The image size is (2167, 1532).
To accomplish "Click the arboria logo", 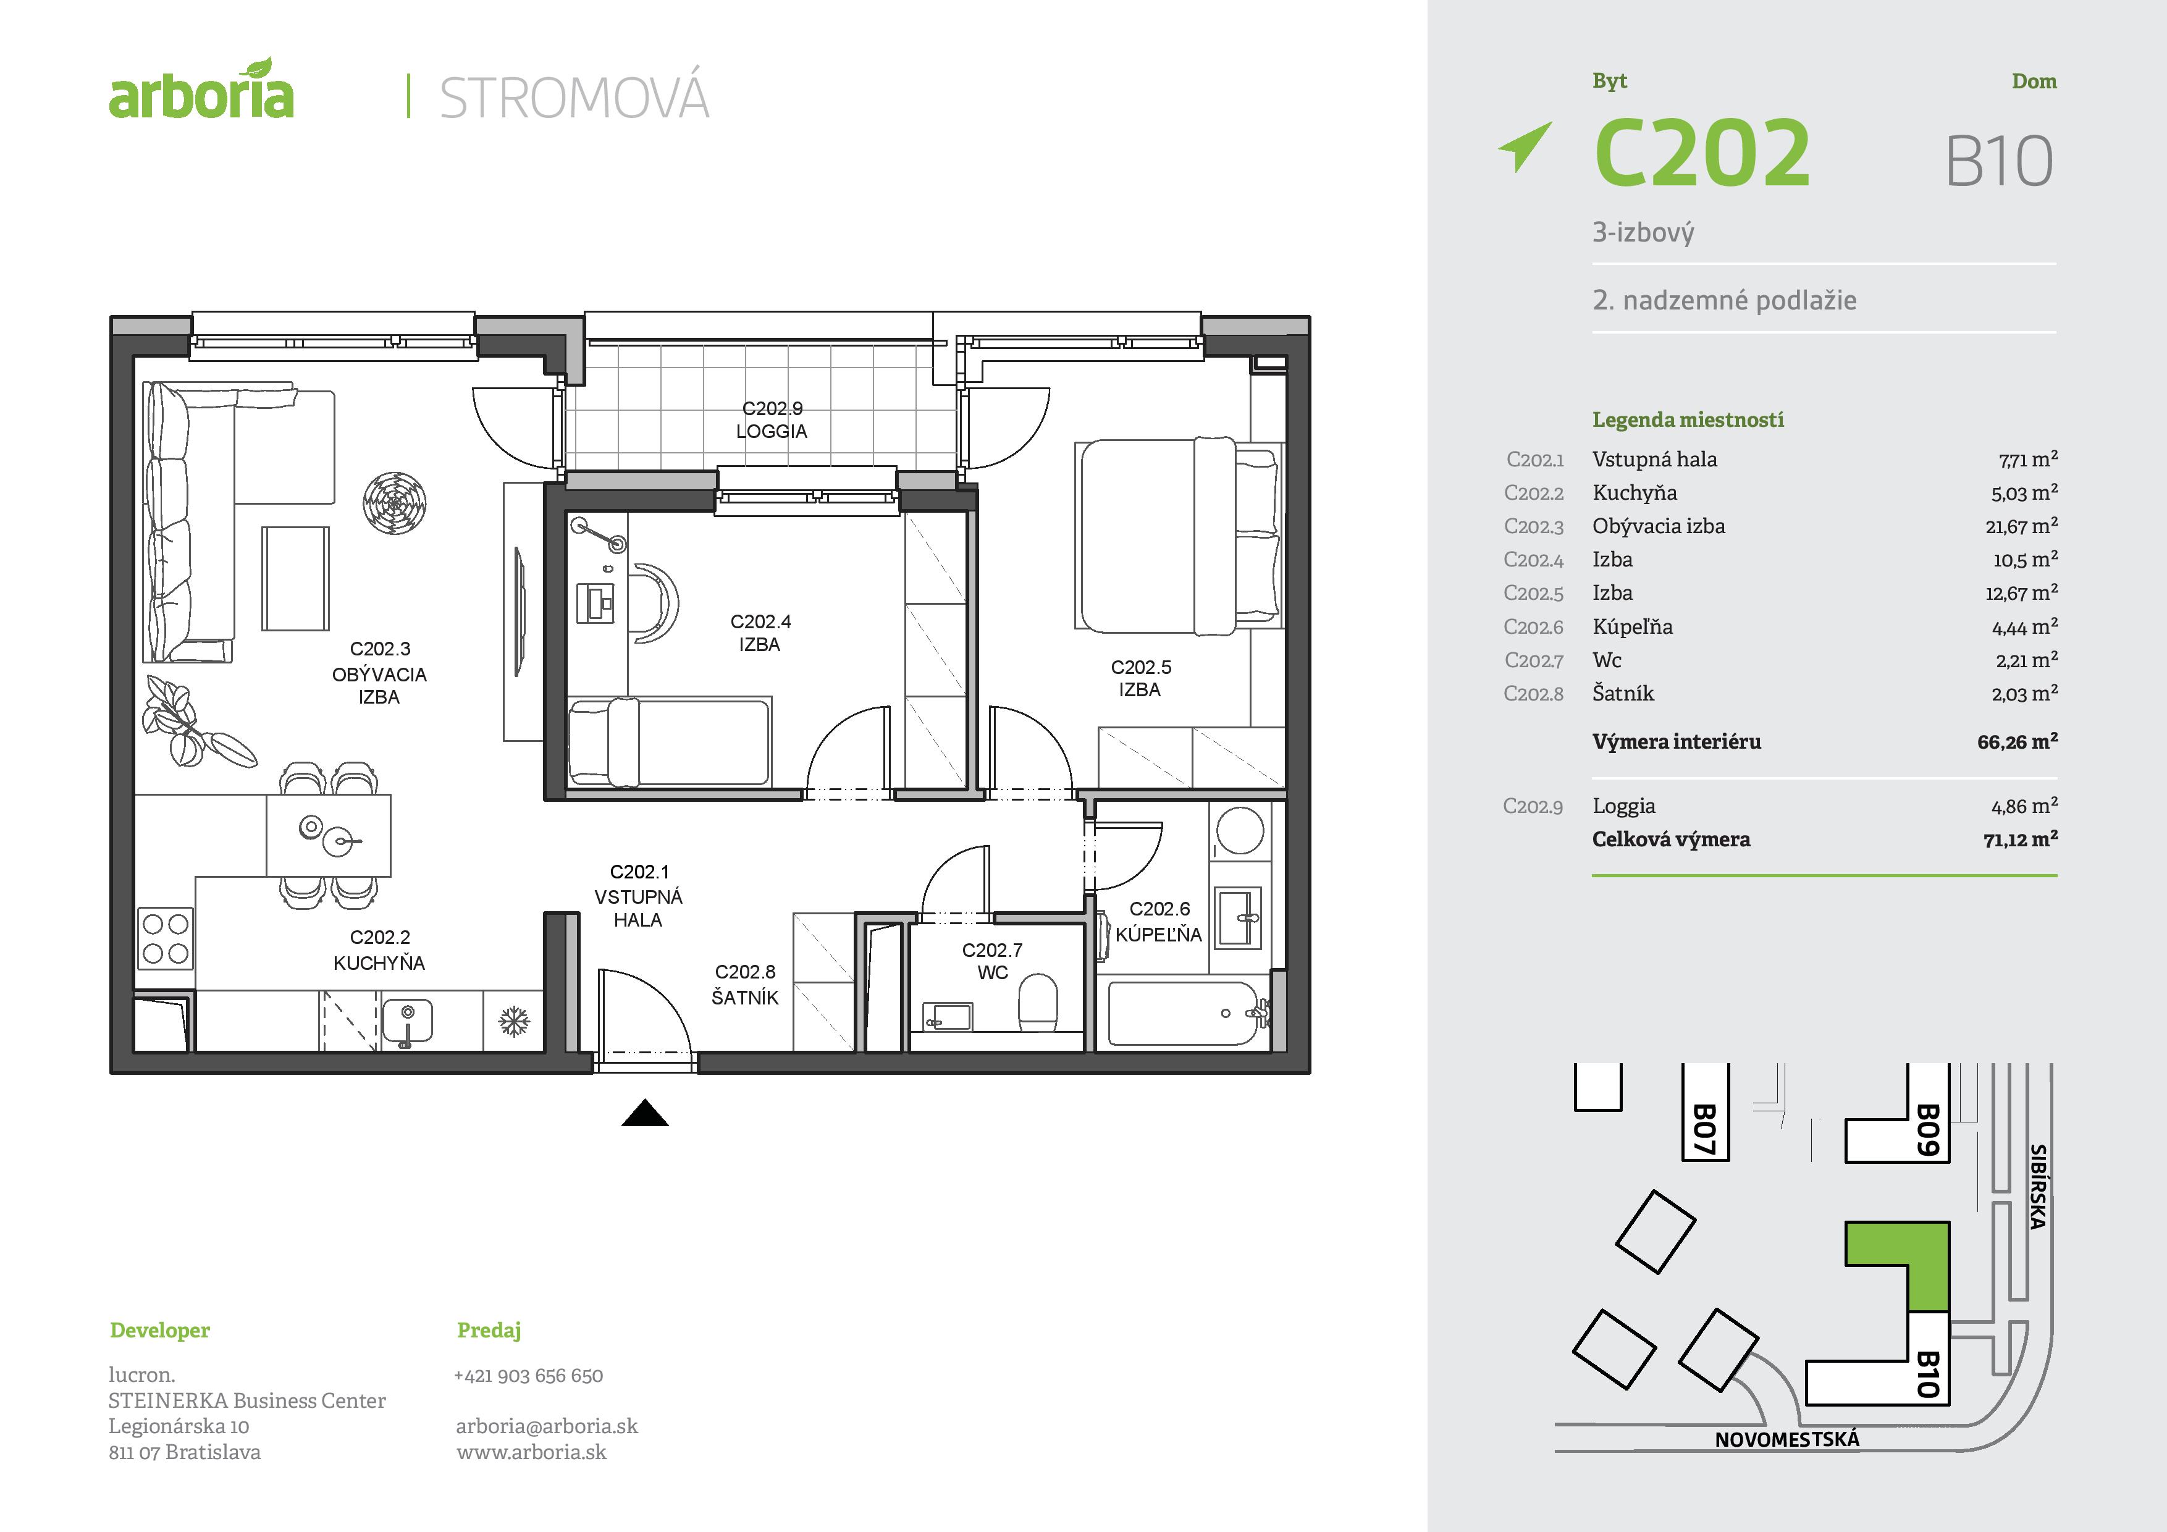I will pos(201,91).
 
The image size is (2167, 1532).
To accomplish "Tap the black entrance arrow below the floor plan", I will pos(645,1115).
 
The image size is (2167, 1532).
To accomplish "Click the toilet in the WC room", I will pos(1039,1006).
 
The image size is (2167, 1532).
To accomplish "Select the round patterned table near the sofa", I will pos(395,503).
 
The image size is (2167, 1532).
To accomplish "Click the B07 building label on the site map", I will pos(1704,1129).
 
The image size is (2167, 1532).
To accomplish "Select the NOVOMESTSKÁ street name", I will pos(1786,1439).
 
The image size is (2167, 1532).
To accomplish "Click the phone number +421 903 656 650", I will pos(529,1375).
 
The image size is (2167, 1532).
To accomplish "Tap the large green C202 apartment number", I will pos(1702,153).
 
